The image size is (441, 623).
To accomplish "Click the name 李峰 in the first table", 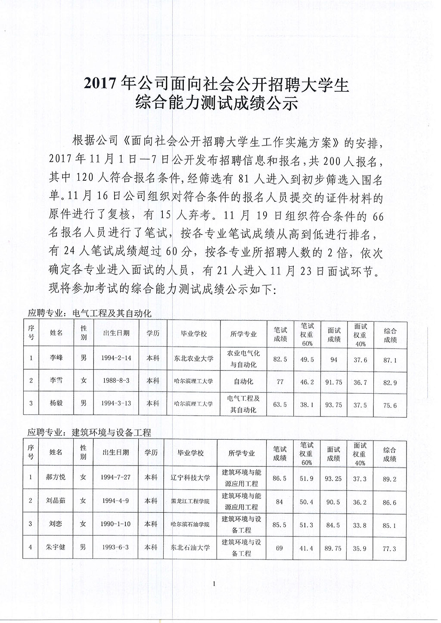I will click(x=56, y=358).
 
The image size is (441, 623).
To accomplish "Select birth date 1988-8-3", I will click(x=116, y=381).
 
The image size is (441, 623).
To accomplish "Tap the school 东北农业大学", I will click(x=193, y=358).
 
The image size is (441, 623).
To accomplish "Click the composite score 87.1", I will click(x=390, y=360).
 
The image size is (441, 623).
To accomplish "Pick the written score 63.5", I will click(x=280, y=404).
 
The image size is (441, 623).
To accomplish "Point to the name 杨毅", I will click(x=56, y=404).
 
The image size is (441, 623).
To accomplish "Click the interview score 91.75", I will click(x=334, y=382).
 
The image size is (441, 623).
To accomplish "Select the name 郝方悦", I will click(x=56, y=477).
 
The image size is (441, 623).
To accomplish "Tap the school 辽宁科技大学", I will click(x=190, y=478).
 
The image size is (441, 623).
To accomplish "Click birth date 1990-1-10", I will click(x=115, y=524).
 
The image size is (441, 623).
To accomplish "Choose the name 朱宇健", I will click(x=56, y=547).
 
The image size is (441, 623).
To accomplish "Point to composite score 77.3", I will click(x=389, y=549).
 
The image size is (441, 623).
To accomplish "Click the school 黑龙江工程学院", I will click(x=190, y=501).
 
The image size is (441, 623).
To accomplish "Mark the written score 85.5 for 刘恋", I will click(x=280, y=525).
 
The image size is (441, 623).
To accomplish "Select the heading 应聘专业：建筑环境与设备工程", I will click(x=90, y=432).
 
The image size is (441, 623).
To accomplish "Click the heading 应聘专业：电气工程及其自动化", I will click(x=90, y=314).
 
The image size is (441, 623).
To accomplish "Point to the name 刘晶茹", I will click(x=56, y=501).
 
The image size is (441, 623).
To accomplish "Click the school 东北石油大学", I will click(x=190, y=548).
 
